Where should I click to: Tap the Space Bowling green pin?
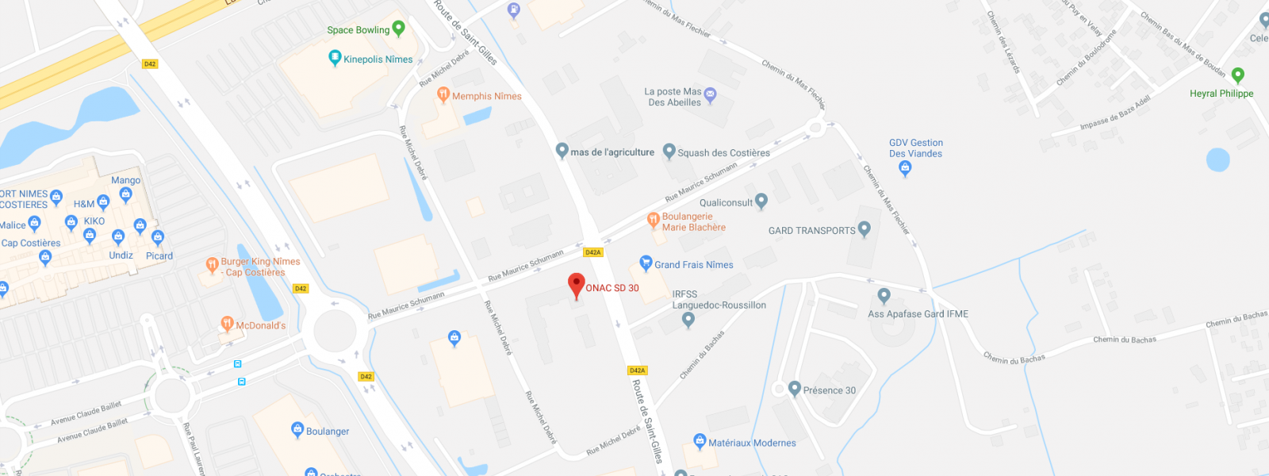(399, 29)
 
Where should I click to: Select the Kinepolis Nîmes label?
(378, 59)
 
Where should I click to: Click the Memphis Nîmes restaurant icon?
(443, 95)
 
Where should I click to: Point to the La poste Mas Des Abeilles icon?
(711, 94)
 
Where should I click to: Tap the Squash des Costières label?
(723, 153)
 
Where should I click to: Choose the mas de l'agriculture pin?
(562, 150)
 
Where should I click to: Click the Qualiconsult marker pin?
(761, 201)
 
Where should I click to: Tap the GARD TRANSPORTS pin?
(865, 229)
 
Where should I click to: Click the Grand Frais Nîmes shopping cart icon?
(646, 263)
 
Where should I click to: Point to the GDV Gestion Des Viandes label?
(916, 148)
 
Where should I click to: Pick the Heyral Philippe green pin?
(1237, 75)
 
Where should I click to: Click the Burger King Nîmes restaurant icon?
(212, 264)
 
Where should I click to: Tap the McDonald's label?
(260, 325)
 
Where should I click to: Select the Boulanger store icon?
(297, 430)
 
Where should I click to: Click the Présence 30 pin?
(795, 388)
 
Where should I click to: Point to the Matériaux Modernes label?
(752, 443)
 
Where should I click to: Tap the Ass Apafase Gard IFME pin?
(884, 296)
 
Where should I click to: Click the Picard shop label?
(159, 256)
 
